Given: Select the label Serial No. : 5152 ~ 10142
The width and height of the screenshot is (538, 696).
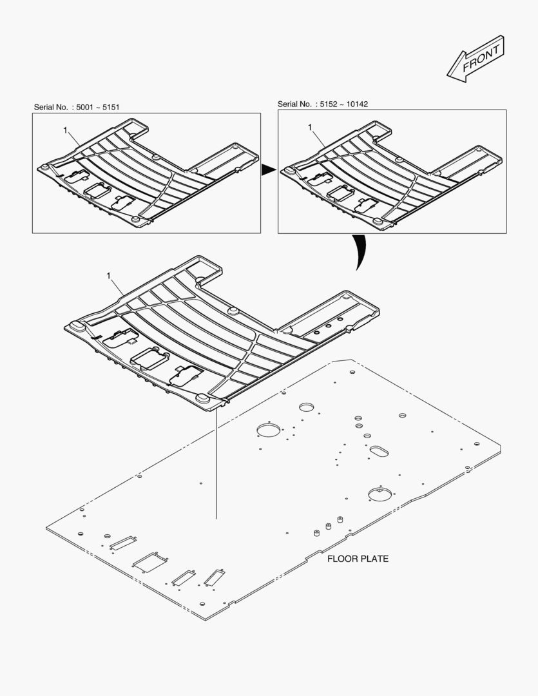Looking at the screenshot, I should click(323, 104).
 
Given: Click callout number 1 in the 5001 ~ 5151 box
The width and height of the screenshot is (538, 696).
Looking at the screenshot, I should click(66, 130).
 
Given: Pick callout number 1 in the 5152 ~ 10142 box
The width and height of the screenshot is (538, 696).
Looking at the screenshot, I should click(310, 128).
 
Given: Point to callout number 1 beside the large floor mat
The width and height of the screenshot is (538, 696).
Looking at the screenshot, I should click(109, 276).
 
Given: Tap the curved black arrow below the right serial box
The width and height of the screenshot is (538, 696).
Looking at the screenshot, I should click(358, 252).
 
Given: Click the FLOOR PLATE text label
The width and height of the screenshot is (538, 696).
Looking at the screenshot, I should click(358, 559).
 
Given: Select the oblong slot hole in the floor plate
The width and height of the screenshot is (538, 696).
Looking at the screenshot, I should click(379, 450).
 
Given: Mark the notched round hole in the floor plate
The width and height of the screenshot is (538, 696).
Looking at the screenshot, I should click(379, 494).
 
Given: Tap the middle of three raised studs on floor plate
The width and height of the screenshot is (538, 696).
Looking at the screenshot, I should click(328, 526).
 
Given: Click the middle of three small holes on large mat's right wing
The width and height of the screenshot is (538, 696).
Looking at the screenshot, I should click(328, 327).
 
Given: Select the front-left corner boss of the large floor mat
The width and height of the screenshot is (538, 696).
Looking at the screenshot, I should click(76, 325).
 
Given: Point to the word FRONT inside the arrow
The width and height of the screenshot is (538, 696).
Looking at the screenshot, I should click(481, 57).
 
